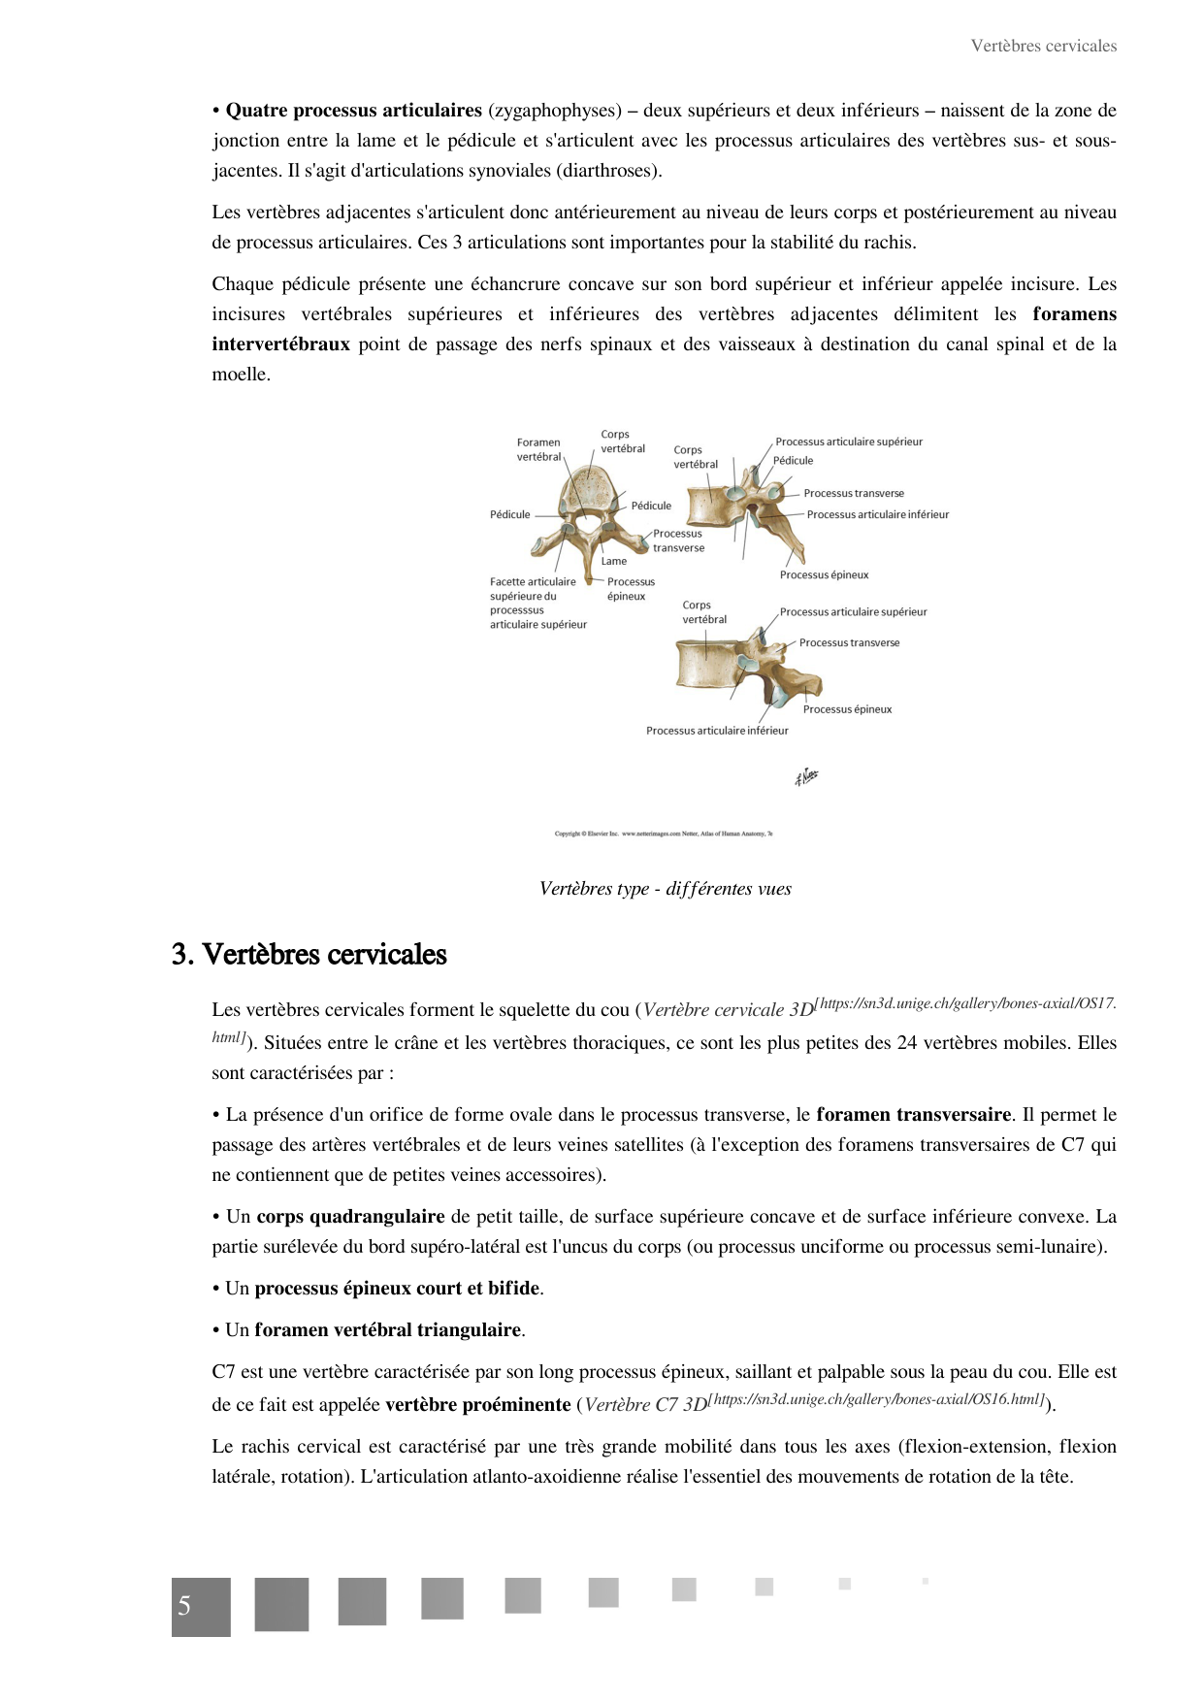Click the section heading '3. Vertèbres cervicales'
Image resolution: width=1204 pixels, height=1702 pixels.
309,954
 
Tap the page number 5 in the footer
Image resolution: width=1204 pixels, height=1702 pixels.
184,1606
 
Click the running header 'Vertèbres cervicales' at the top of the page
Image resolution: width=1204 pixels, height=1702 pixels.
1043,46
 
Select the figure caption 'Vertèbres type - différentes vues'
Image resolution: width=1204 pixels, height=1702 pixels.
665,889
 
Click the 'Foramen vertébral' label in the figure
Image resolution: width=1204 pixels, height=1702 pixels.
538,449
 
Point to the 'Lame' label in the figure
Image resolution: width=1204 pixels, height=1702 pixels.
613,561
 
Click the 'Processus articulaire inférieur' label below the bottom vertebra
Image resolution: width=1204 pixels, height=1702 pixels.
717,731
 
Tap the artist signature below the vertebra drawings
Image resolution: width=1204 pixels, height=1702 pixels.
806,776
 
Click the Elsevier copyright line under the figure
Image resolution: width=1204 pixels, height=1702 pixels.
664,834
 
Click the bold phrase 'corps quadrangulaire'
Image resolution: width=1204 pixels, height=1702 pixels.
350,1217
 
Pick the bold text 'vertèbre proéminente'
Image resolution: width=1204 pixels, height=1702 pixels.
477,1405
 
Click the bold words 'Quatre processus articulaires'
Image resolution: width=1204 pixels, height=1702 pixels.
353,111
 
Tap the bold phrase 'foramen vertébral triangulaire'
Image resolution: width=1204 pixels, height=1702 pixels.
387,1330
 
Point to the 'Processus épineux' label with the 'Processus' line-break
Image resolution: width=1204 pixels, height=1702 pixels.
631,589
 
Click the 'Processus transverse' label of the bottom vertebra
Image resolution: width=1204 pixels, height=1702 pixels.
849,642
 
